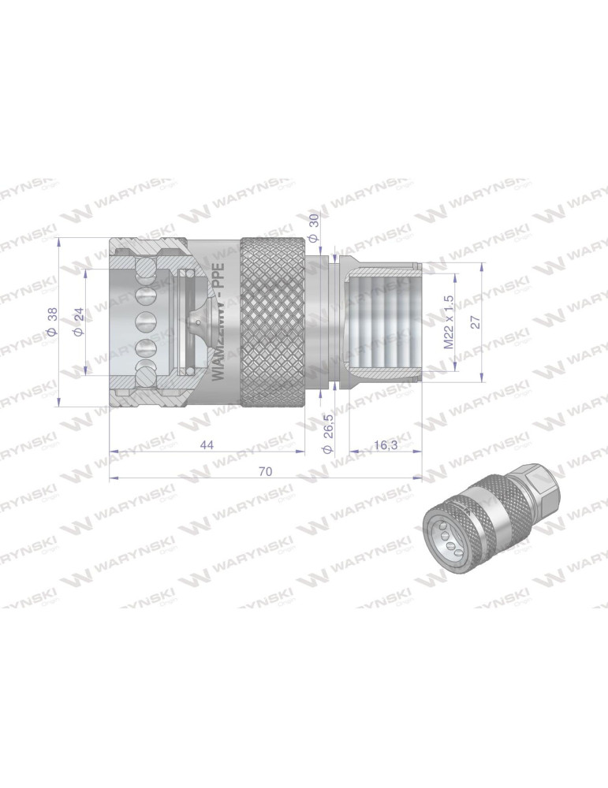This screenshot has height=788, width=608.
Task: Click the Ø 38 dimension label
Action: (52, 322)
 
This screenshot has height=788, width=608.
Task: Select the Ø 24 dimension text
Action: (78, 322)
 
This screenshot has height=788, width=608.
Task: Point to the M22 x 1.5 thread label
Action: (449, 322)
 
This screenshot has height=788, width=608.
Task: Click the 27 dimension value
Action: (474, 322)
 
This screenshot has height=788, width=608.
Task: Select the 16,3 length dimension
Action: (385, 445)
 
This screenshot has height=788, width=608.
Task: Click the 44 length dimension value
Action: (207, 445)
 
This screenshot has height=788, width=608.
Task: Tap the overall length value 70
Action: (265, 471)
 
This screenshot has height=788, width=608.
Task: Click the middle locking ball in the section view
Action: (144, 322)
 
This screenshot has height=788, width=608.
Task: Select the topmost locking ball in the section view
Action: (144, 270)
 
